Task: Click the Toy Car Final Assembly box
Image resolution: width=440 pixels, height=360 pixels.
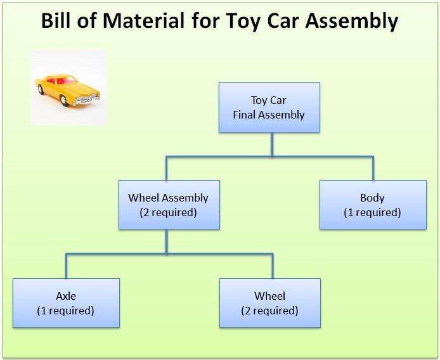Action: [269, 107]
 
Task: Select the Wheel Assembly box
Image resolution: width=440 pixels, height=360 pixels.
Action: [169, 205]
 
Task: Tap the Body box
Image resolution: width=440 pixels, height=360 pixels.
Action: [372, 205]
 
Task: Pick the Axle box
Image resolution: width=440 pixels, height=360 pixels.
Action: [66, 303]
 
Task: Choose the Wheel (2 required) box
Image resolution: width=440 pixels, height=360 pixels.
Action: [269, 303]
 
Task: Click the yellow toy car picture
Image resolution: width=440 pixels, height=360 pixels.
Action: [68, 87]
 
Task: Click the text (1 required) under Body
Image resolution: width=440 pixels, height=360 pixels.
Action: [372, 212]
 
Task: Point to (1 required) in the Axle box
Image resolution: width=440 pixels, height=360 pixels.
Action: [66, 311]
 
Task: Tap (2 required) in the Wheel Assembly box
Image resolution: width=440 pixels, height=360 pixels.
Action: [169, 212]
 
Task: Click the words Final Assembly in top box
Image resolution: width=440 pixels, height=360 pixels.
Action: [269, 115]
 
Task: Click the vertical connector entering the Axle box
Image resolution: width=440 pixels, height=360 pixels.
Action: [66, 266]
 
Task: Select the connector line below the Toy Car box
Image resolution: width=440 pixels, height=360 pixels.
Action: [272, 144]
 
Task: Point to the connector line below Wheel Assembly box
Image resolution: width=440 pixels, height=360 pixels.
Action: [167, 241]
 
